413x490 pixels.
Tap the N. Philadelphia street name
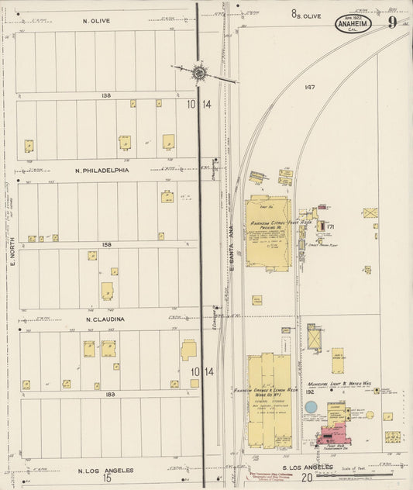[102, 170]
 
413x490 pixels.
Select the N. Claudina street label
[101, 319]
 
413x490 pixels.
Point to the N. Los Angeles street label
[105, 470]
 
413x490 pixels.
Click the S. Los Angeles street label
[307, 468]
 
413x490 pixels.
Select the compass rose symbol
[198, 72]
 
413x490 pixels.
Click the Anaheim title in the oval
[353, 24]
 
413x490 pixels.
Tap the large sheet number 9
[393, 22]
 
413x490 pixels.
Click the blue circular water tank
[377, 391]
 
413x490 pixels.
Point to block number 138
[106, 96]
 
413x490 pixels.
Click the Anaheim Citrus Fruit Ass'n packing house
[268, 233]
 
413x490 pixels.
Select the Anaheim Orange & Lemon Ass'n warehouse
[267, 399]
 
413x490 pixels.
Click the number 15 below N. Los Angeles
[108, 478]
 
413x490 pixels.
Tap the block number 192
[309, 393]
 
